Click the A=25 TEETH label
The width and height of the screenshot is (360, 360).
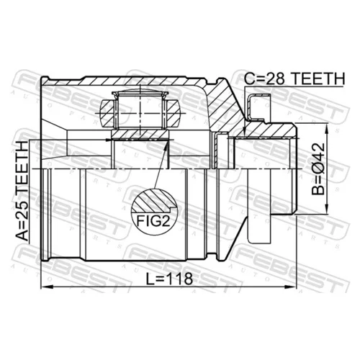point(22,192)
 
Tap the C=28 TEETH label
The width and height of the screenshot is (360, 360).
point(294,78)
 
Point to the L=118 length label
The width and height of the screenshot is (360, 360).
point(170,279)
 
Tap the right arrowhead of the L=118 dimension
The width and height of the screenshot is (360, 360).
point(291,287)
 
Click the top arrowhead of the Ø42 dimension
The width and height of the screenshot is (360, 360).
point(326,129)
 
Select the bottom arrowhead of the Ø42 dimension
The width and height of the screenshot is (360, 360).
point(326,208)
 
